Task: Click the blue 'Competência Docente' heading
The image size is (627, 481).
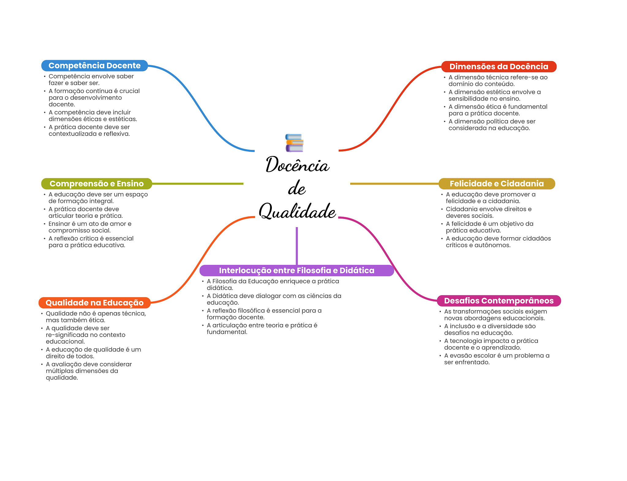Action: pyautogui.click(x=94, y=66)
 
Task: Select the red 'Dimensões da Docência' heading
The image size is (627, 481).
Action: pyautogui.click(x=498, y=67)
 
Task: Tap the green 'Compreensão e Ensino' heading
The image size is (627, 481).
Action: pyautogui.click(x=96, y=184)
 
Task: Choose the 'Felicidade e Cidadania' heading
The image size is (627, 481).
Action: pyautogui.click(x=497, y=184)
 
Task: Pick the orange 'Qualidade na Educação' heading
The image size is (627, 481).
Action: pyautogui.click(x=94, y=303)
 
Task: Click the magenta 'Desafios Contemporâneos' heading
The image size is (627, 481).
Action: pyautogui.click(x=499, y=301)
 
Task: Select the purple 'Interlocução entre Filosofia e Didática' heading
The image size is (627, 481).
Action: pyautogui.click(x=296, y=270)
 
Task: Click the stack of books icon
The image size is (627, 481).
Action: pyautogui.click(x=294, y=143)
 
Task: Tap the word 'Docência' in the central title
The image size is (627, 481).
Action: pyautogui.click(x=297, y=165)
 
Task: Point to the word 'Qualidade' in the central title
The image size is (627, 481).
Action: pyautogui.click(x=297, y=211)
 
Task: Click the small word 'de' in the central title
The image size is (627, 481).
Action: pyautogui.click(x=297, y=188)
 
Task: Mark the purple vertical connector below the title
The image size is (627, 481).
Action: pyautogui.click(x=297, y=245)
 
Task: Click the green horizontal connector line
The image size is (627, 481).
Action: pyautogui.click(x=197, y=184)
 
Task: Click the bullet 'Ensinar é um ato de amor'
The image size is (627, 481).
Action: pyautogui.click(x=90, y=227)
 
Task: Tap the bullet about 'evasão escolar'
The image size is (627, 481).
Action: pyautogui.click(x=497, y=359)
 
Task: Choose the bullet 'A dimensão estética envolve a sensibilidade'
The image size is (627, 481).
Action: pyautogui.click(x=494, y=95)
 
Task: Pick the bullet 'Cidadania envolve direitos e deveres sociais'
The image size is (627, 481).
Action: pyautogui.click(x=489, y=212)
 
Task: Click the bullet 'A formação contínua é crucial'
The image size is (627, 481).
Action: pyautogui.click(x=94, y=97)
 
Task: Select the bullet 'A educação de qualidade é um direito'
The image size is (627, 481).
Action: pyautogui.click(x=93, y=353)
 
